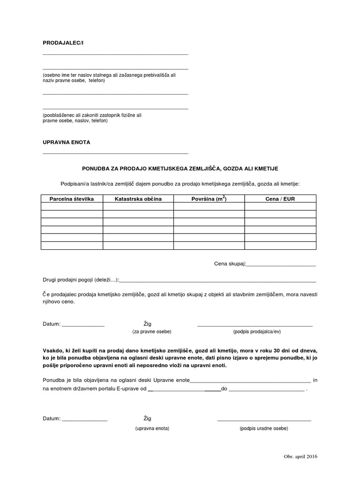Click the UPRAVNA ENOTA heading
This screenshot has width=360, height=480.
tap(66, 142)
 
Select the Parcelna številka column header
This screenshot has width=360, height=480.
tap(72, 199)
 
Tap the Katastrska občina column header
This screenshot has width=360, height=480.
tap(138, 199)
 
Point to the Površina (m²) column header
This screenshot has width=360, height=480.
tap(209, 199)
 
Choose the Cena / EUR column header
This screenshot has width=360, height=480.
tap(280, 199)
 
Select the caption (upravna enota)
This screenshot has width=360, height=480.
tap(152, 428)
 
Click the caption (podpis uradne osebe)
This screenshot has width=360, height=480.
tap(263, 428)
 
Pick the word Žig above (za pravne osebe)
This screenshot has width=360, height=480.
tap(147, 324)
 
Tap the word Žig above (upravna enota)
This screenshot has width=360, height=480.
tap(147, 419)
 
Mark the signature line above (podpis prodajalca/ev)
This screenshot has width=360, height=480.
tap(255, 326)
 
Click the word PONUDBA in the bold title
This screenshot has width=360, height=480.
tap(97, 168)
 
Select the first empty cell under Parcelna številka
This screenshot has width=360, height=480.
tap(72, 207)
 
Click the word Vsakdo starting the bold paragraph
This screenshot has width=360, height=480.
tap(53, 350)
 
